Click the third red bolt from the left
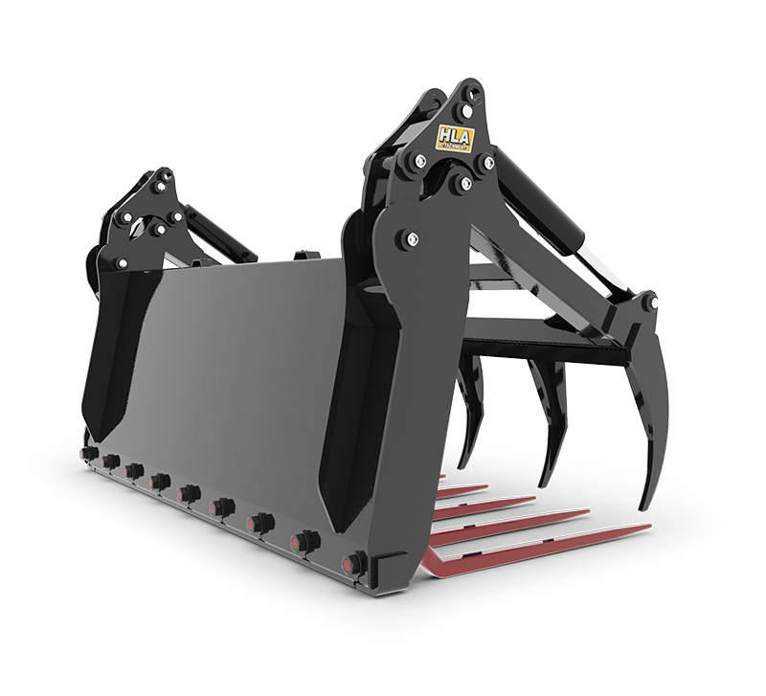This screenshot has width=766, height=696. coord(135,471)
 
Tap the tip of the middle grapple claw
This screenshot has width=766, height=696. coord(544,483)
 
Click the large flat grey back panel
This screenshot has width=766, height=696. coord(239,364)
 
